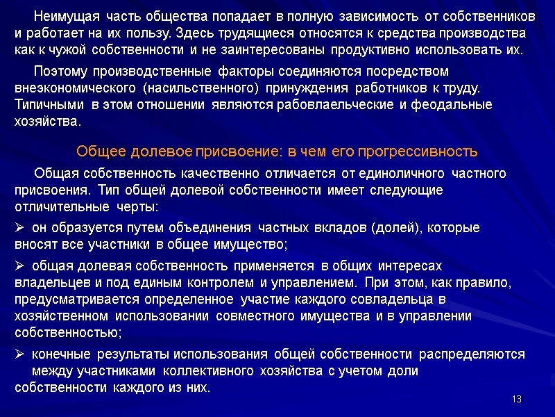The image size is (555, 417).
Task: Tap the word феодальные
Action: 451,105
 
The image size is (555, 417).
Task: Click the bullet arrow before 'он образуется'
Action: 19,228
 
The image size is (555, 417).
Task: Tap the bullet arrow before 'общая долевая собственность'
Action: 19,266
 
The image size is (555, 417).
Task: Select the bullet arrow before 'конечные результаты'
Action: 19,354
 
